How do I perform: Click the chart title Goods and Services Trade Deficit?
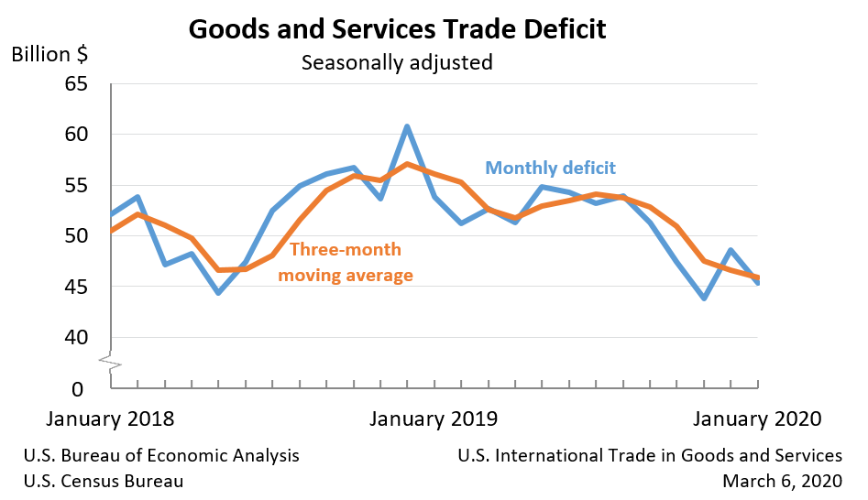[397, 29]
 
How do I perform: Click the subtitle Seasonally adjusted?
[397, 63]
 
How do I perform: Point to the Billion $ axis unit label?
[49, 54]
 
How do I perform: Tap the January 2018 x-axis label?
[110, 419]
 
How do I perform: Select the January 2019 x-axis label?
[434, 419]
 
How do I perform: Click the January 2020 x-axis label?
[757, 419]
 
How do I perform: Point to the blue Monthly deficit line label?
[550, 168]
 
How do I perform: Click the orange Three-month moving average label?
[345, 262]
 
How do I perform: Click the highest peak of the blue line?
[407, 126]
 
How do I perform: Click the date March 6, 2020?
[782, 481]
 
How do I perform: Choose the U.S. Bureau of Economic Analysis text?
[161, 455]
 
